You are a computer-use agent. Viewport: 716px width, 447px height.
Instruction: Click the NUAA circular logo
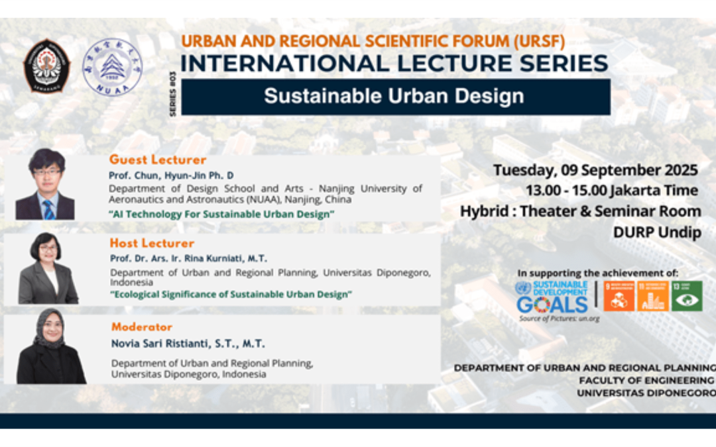[x=112, y=66]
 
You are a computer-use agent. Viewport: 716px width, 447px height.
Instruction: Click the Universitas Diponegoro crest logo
[x=47, y=66]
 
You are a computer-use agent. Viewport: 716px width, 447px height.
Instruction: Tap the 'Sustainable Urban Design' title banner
[x=395, y=97]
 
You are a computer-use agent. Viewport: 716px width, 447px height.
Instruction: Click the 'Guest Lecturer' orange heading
[x=158, y=160]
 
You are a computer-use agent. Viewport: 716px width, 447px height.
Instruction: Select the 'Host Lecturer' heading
[x=152, y=243]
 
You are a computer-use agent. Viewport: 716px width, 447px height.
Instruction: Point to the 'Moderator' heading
[x=141, y=326]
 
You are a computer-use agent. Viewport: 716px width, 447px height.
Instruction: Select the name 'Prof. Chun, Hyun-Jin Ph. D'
[x=171, y=175]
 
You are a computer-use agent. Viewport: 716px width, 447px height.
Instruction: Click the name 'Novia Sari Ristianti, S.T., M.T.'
[x=188, y=344]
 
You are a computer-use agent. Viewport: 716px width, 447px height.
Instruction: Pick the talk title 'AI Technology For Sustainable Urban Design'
[x=221, y=214]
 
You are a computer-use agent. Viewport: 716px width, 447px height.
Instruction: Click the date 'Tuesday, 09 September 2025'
[x=595, y=170]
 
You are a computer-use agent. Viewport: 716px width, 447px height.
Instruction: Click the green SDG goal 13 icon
[x=687, y=295]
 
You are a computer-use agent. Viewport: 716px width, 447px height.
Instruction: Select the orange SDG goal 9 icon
[x=619, y=295]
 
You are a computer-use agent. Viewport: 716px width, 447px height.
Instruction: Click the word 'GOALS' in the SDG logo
[x=552, y=305]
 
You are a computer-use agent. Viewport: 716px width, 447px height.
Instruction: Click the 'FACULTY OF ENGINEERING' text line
[x=646, y=380]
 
